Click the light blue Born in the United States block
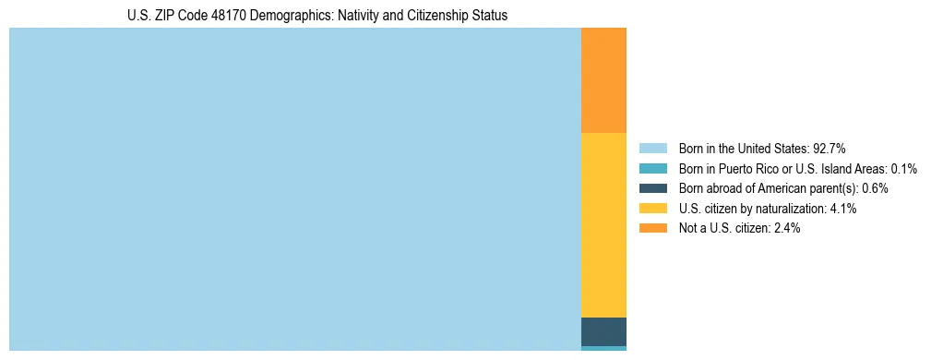coord(295,189)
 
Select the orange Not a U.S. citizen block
coord(603,80)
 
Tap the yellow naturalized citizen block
coord(603,225)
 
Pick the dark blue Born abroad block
coord(603,331)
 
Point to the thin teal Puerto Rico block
coord(603,348)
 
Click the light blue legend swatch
coord(652,148)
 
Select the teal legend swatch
coord(652,168)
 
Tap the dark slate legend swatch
coord(652,188)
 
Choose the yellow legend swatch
coord(652,209)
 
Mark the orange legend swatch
coord(652,229)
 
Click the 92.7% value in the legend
coord(829,148)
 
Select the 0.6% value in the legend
coord(875,188)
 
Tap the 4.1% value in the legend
coord(843,209)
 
